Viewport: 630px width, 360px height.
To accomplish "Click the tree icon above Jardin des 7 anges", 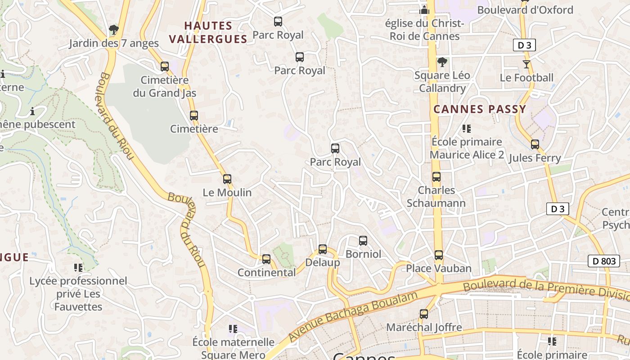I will pyautogui.click(x=114, y=30).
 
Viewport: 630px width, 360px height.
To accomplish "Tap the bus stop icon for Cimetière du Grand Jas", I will pyautogui.click(x=165, y=67).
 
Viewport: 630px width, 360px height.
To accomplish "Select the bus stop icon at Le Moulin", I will pyautogui.click(x=227, y=179).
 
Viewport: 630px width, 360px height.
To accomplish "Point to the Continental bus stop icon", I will pyautogui.click(x=266, y=259).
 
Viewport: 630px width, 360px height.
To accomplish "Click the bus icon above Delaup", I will pyautogui.click(x=323, y=249).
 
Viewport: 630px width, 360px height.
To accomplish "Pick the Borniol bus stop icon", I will pyautogui.click(x=363, y=241).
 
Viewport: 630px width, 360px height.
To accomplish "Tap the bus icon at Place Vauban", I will pyautogui.click(x=439, y=255).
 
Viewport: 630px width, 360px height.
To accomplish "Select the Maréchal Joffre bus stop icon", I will pyautogui.click(x=424, y=314).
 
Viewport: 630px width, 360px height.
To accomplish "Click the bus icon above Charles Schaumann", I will pyautogui.click(x=436, y=177).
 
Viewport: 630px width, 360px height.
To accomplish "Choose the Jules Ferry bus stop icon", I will pyautogui.click(x=535, y=144).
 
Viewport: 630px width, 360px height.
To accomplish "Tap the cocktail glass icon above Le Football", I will pyautogui.click(x=526, y=64).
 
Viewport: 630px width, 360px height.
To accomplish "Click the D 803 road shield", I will pyautogui.click(x=603, y=261).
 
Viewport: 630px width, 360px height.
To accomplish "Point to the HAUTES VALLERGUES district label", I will pyautogui.click(x=208, y=32).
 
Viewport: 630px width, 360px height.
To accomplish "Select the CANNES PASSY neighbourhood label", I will pyautogui.click(x=480, y=109).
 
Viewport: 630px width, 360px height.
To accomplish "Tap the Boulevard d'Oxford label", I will pyautogui.click(x=525, y=10).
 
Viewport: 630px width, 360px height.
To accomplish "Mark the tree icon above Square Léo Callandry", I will pyautogui.click(x=442, y=62).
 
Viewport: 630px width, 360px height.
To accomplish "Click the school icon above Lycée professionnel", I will pyautogui.click(x=78, y=268).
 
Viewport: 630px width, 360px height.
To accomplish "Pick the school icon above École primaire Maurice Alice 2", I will pyautogui.click(x=467, y=129).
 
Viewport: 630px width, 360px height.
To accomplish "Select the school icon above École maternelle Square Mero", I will pyautogui.click(x=233, y=329).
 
